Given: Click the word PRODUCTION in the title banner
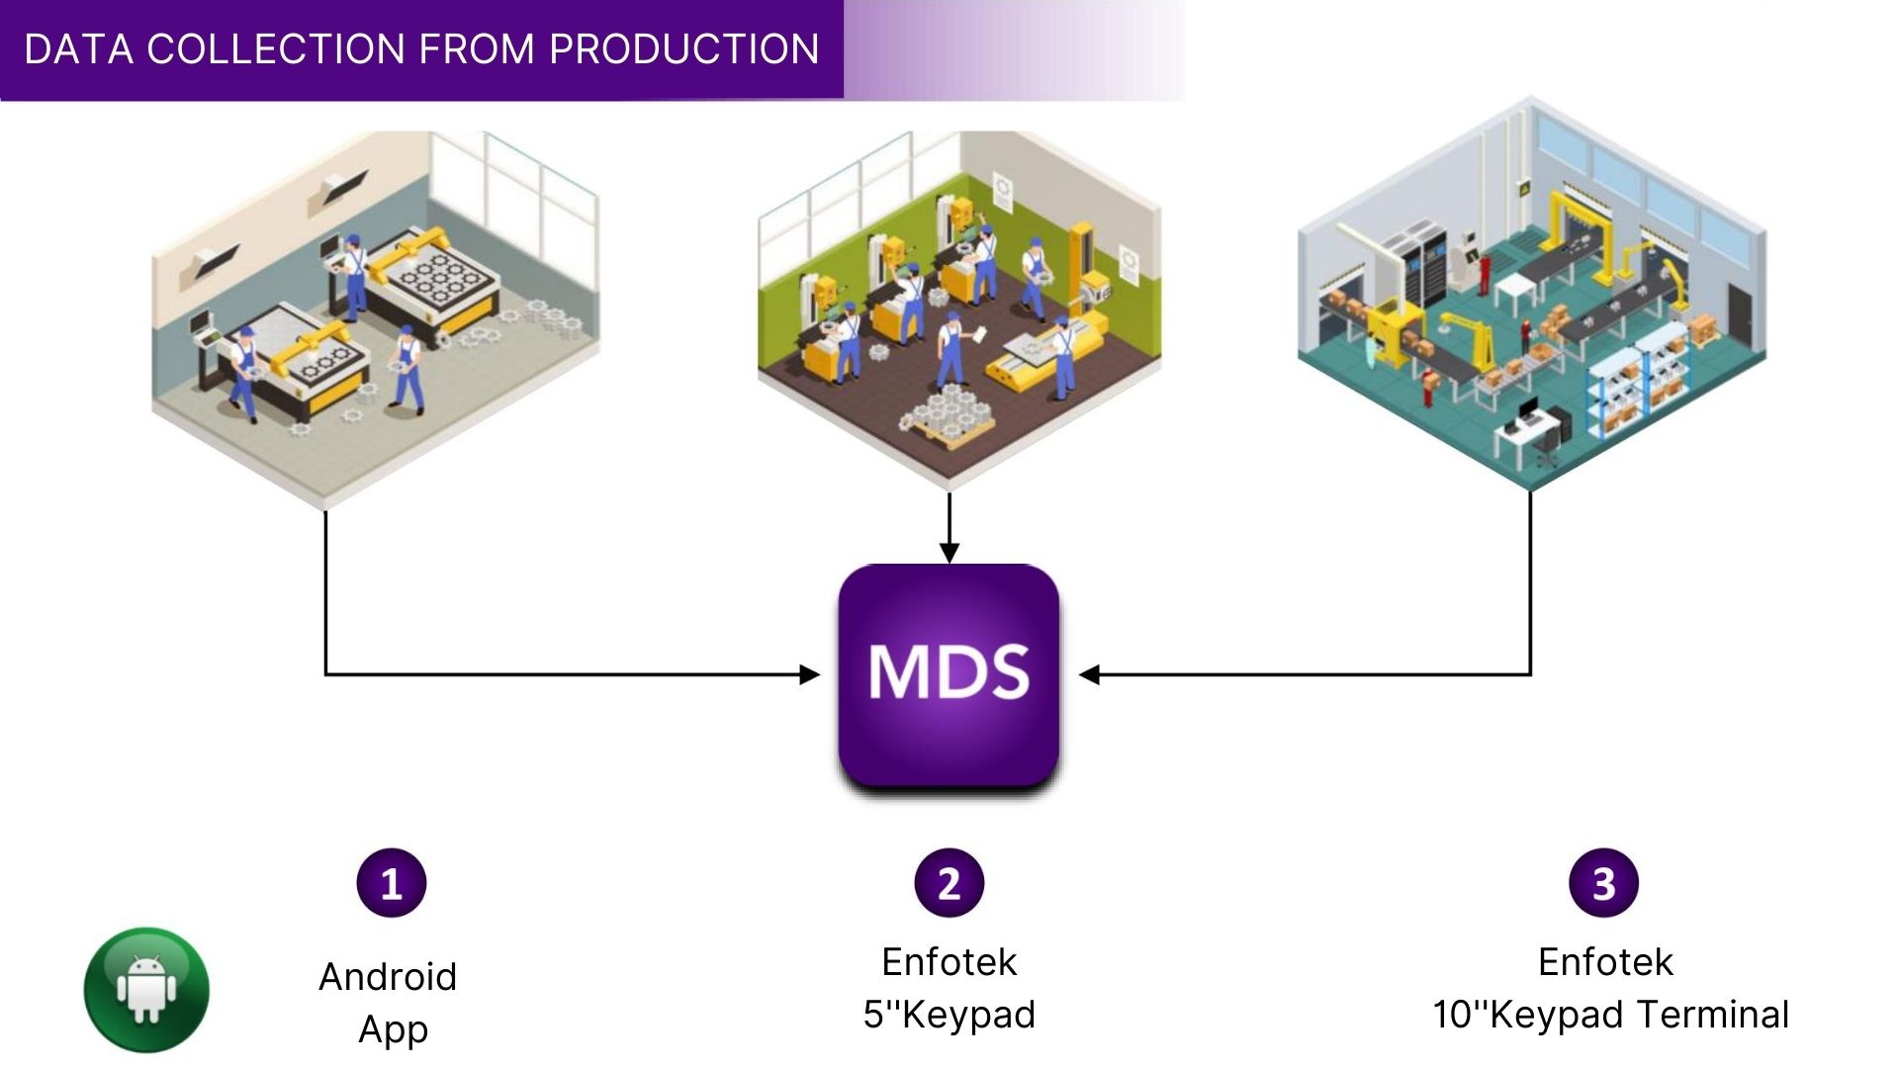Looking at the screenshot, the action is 683,48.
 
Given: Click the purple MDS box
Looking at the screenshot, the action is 949,675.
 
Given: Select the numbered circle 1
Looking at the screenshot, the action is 392,883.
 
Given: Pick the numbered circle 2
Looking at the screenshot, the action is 949,883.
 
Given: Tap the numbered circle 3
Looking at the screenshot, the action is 1604,883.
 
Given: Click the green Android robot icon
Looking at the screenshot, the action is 146,990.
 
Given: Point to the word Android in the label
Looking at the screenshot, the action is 388,977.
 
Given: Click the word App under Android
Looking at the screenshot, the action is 393,1030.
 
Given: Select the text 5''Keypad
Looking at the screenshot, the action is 949,1016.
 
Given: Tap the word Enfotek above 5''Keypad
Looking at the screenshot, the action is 949,961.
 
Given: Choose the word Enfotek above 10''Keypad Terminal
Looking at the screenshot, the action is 1605,961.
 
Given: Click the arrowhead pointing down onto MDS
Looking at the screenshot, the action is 949,552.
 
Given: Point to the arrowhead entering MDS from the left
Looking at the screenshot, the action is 810,675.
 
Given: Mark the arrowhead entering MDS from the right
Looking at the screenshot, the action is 1089,675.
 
